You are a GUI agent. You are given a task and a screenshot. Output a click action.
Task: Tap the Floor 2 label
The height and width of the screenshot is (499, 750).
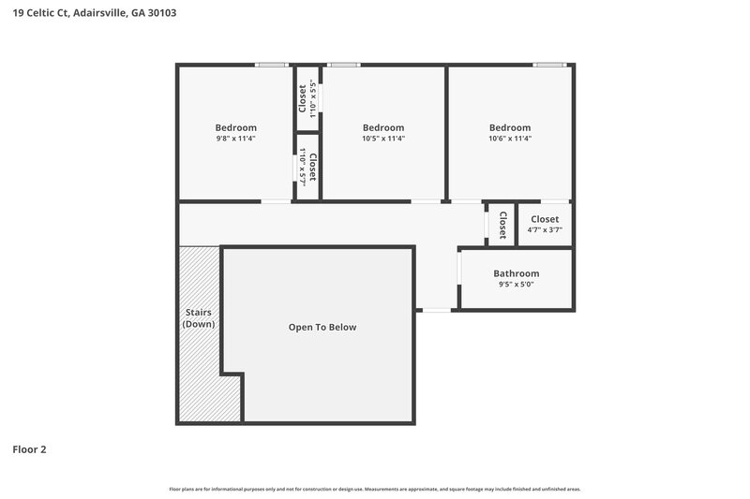(29, 449)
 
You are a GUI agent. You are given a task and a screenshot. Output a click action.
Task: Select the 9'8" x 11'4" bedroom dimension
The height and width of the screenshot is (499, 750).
(235, 139)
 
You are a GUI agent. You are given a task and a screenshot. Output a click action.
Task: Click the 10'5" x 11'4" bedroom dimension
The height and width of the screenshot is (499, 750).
(382, 139)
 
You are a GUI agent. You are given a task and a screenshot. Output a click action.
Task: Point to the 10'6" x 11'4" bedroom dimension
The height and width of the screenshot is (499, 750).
(509, 139)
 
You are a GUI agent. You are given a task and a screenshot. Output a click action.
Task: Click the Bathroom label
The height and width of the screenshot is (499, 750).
(516, 273)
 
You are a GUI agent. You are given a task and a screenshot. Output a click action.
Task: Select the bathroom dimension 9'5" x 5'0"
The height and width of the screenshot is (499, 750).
(516, 285)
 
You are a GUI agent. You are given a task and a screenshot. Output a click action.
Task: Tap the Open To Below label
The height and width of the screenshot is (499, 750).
(322, 328)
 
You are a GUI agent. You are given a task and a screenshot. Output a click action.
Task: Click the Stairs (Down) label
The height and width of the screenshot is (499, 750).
(198, 318)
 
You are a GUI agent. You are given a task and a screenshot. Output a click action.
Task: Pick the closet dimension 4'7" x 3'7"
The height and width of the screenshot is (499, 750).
(544, 230)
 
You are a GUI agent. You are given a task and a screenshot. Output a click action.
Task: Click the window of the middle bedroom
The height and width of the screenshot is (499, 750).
(343, 65)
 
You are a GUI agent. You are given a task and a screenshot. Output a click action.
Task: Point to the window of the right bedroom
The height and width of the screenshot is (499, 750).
(549, 65)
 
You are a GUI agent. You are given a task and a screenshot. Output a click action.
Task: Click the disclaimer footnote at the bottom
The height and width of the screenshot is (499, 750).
(374, 489)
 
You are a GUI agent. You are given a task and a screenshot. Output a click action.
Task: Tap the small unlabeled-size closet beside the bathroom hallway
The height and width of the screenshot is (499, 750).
(502, 225)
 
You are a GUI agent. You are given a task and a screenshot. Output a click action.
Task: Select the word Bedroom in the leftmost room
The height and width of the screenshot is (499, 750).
(235, 127)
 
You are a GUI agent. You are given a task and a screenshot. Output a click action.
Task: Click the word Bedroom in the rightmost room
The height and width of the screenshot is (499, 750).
(509, 127)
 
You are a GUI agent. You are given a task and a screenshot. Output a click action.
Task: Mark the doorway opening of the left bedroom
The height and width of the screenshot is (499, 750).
(276, 201)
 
